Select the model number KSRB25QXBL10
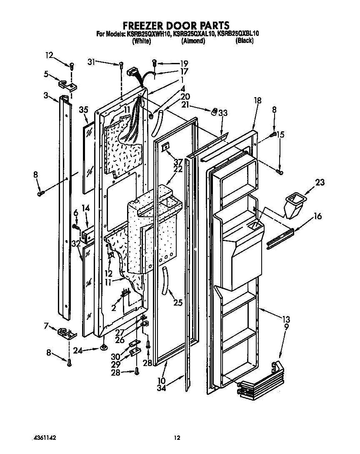(x=235, y=34)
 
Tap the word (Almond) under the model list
(x=193, y=41)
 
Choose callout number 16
(x=317, y=216)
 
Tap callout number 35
(x=84, y=110)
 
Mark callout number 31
(x=92, y=62)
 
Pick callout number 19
(x=172, y=64)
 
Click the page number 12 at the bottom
(x=177, y=438)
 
